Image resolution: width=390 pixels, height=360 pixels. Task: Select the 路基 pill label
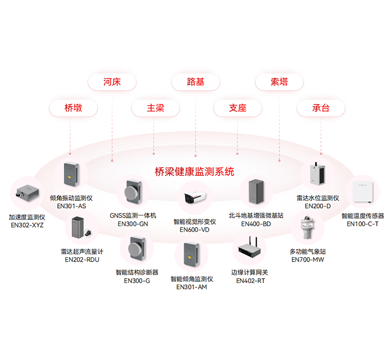coord(195,82)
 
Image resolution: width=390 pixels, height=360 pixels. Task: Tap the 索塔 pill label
coord(279,82)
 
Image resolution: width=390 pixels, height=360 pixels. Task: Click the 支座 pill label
coord(238,108)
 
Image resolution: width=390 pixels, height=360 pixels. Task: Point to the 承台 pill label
coord(321,108)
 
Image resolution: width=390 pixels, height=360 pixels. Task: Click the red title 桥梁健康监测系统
coord(195,171)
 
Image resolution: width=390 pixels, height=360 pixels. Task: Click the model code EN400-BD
coord(256,224)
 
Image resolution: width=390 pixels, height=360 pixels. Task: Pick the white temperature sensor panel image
coord(362,191)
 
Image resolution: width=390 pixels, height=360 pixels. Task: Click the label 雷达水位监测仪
coord(317,198)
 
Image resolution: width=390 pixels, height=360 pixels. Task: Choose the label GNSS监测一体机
coord(133,215)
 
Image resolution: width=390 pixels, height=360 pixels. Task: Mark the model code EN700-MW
coord(308,260)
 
